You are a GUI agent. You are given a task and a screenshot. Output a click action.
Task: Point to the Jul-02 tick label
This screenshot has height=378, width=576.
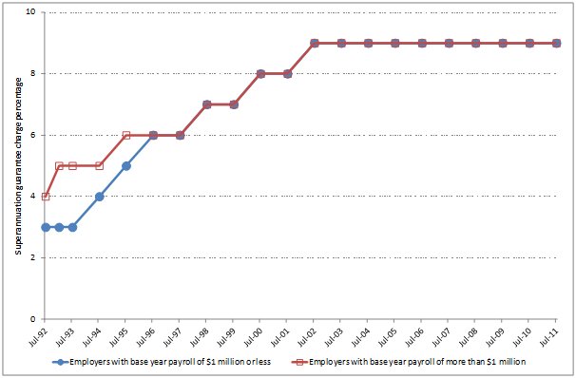click(313, 336)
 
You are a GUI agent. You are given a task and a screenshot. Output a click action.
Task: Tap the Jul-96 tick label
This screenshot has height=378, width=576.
click(151, 336)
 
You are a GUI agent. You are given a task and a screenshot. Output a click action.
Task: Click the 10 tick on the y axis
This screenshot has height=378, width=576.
click(30, 12)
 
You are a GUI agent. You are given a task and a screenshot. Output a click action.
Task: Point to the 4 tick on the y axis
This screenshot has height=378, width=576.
click(32, 197)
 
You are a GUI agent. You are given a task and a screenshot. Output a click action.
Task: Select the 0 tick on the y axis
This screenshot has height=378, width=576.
click(32, 319)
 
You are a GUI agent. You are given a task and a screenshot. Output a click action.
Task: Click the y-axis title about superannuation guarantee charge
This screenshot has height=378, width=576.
click(17, 166)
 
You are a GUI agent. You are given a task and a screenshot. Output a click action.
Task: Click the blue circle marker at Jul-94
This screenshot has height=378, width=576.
click(100, 197)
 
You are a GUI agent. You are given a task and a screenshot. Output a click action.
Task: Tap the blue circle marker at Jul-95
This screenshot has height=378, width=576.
click(126, 165)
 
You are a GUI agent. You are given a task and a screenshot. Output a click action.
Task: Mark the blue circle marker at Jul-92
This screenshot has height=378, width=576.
click(46, 227)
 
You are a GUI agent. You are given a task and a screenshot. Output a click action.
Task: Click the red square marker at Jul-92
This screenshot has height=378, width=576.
click(46, 197)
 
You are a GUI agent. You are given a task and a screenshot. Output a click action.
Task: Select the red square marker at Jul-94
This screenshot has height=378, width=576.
click(100, 165)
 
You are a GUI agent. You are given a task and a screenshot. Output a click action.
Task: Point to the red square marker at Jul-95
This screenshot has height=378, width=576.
click(126, 135)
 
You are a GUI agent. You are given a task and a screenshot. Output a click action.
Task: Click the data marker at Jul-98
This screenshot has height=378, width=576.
click(207, 104)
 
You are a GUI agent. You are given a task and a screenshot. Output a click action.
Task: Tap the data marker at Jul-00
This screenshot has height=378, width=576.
click(260, 73)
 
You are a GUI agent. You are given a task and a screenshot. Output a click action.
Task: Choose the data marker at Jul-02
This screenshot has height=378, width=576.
click(315, 43)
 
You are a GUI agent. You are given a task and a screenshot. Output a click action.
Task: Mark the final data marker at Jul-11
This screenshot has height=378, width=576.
click(556, 43)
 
